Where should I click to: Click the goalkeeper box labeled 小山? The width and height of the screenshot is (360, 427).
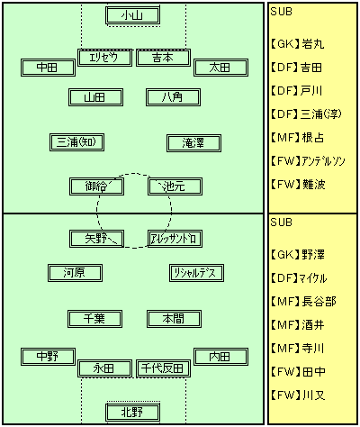[x=132, y=15]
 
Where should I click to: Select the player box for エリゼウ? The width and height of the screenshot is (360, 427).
[x=104, y=58]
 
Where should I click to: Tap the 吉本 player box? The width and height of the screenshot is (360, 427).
[x=163, y=58]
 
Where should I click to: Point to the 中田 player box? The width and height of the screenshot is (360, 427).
[x=48, y=68]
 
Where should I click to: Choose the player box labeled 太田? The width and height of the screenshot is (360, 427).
[x=220, y=68]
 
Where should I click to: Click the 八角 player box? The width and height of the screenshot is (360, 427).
[x=173, y=97]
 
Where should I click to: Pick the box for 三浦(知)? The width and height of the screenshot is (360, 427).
[x=76, y=142]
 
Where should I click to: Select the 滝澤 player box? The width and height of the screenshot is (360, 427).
[x=193, y=143]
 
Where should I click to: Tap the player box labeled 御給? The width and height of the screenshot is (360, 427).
[x=96, y=186]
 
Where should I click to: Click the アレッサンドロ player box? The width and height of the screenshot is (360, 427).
[x=175, y=239]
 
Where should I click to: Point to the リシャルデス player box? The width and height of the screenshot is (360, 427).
[x=196, y=273]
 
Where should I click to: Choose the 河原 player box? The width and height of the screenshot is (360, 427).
[x=75, y=273]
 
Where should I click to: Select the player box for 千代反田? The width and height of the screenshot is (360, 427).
[x=163, y=368]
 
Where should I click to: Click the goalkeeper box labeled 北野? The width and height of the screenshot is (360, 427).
[x=132, y=413]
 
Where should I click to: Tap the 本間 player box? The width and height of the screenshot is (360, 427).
[x=174, y=319]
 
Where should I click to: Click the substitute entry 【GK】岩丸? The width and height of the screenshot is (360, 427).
[x=297, y=44]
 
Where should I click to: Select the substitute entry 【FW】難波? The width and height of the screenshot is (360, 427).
[x=298, y=185]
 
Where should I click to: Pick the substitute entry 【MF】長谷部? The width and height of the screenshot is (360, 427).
[x=303, y=301]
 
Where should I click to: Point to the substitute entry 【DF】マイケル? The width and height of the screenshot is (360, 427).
[x=299, y=278]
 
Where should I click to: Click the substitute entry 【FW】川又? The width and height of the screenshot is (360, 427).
[x=298, y=395]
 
